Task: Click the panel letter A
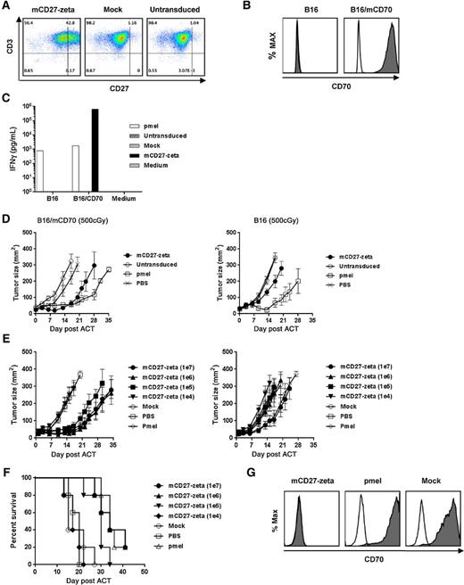point(6,7)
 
